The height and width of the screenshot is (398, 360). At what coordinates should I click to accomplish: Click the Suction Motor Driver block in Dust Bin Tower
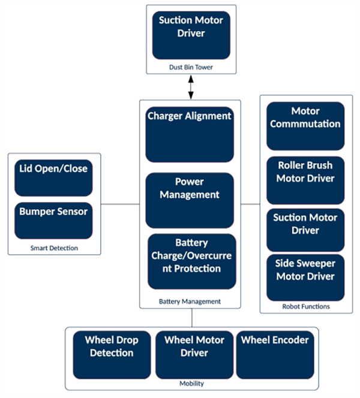(191, 35)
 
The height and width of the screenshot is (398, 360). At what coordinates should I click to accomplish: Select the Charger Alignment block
(190, 134)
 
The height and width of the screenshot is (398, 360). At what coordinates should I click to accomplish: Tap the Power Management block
(190, 200)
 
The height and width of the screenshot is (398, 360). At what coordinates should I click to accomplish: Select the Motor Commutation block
(305, 125)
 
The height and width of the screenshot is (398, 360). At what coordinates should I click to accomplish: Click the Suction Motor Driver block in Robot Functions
(305, 230)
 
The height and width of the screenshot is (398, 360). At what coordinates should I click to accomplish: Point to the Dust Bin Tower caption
(191, 67)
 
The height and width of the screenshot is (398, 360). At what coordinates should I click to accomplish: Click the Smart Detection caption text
(53, 247)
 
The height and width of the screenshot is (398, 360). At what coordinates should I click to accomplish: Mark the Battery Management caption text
(190, 301)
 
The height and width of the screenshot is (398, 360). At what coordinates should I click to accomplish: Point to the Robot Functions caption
(305, 306)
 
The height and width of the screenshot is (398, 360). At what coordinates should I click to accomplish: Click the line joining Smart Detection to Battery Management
(121, 204)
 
